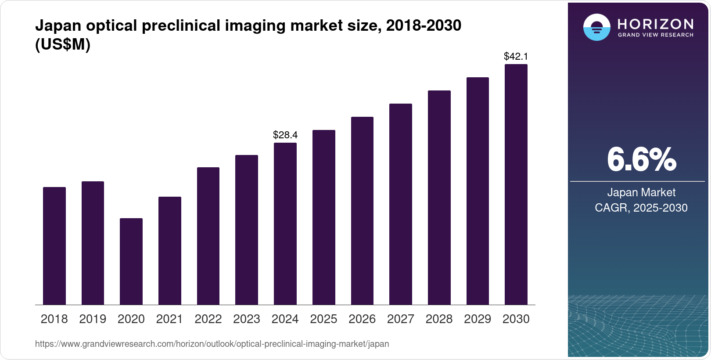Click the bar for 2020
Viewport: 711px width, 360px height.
(131, 261)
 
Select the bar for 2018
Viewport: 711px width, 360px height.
(54, 246)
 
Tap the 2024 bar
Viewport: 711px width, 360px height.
(285, 224)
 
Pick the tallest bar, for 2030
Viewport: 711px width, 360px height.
(516, 184)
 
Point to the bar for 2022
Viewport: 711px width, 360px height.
(208, 236)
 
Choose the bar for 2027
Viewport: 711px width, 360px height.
(400, 204)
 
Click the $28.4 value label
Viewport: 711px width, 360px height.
(285, 135)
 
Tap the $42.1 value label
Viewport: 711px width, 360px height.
(516, 56)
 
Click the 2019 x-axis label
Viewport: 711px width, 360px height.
(93, 319)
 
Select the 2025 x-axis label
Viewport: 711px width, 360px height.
(323, 319)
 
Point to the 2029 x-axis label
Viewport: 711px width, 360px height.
(478, 319)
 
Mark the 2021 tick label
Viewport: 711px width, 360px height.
(169, 319)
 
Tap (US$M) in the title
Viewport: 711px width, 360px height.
(63, 45)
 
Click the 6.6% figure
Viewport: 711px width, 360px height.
(641, 160)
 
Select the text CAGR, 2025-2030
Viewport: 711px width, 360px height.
(641, 208)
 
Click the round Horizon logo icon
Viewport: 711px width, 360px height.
(596, 27)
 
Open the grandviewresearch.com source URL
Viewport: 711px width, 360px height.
(212, 344)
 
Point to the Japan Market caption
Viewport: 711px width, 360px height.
(641, 192)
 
